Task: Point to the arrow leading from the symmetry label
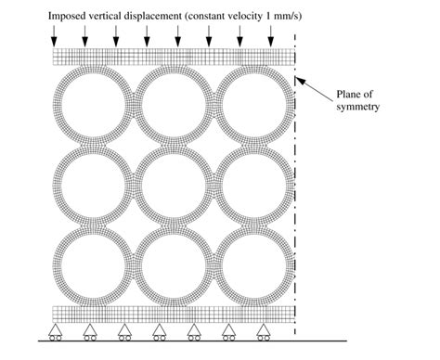316,91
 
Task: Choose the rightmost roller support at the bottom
264,331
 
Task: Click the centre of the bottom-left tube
92,263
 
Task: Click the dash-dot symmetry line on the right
295,186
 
